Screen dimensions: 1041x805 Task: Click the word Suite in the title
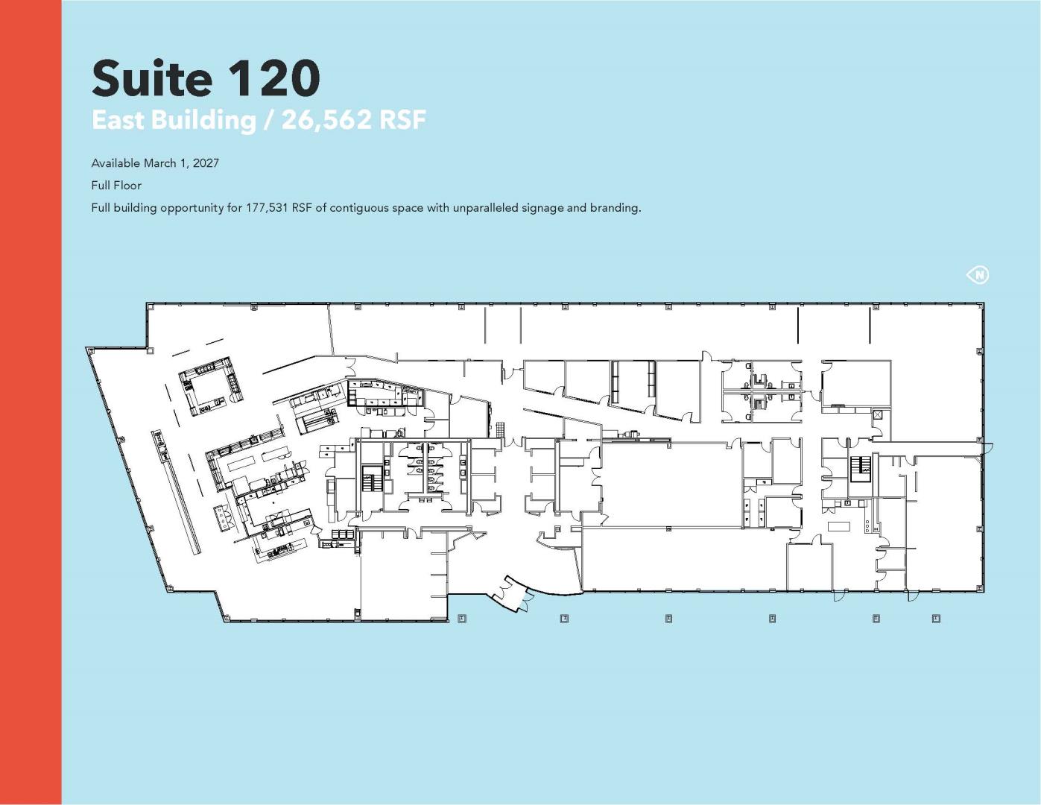(151, 78)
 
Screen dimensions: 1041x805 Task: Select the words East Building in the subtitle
(174, 120)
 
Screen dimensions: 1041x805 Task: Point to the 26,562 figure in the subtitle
(326, 120)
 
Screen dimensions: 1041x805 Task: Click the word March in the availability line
(160, 163)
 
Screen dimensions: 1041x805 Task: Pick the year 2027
(206, 163)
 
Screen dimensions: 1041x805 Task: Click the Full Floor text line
(116, 186)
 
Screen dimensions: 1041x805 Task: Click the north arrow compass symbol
(977, 274)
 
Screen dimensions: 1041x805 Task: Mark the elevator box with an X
(878, 415)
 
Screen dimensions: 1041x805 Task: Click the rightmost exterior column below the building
(936, 618)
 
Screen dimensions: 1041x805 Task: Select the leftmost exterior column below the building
(462, 618)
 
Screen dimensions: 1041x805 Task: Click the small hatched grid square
(500, 429)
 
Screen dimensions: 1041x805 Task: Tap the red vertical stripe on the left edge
(31, 402)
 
